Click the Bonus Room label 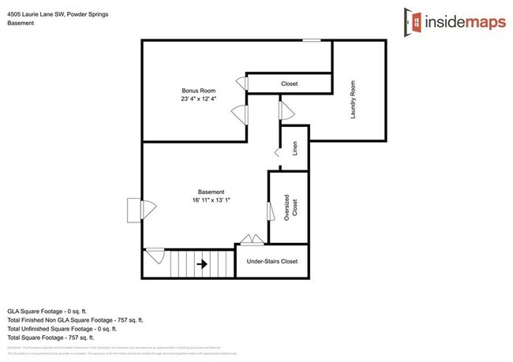(x=197, y=91)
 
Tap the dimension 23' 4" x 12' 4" (x=197, y=99)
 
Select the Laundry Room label (x=354, y=99)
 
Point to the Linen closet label (x=295, y=148)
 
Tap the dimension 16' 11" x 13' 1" (x=211, y=200)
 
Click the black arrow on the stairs (x=201, y=264)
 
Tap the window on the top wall (x=313, y=40)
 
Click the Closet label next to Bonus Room (x=290, y=84)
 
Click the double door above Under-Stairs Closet (x=253, y=240)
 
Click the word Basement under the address (x=21, y=23)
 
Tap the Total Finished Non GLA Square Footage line (x=75, y=321)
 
